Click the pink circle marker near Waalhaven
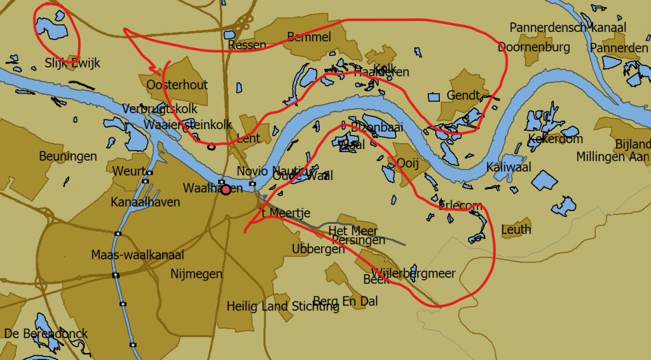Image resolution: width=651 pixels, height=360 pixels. pos(226,190)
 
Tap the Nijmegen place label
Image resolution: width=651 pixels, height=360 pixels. pos(196,274)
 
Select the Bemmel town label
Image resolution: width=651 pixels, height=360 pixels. pos(309,37)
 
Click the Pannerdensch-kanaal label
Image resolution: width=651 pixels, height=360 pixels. pos(568,27)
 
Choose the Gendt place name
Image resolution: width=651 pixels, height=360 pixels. pos(463,95)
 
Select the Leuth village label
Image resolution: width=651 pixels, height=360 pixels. pos(516,230)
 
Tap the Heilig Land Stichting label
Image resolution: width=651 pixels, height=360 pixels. pos(283,307)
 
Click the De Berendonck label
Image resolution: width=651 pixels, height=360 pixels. pos(46,334)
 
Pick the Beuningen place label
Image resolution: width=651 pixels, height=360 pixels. pos(68,156)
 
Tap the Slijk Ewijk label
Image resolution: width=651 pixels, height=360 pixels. pos(72,63)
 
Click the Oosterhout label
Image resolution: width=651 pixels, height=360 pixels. pos(177,85)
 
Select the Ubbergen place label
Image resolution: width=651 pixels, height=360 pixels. pos(318,249)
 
